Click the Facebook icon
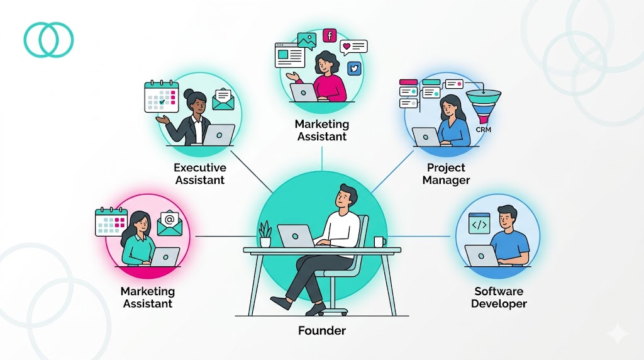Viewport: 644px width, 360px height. pyautogui.click(x=330, y=35)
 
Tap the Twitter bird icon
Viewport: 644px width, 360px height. pyautogui.click(x=354, y=68)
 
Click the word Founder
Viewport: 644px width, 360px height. pyautogui.click(x=322, y=330)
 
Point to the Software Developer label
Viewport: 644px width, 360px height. pyautogui.click(x=499, y=298)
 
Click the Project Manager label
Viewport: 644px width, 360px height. pyautogui.click(x=446, y=174)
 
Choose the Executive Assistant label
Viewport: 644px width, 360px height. pyautogui.click(x=200, y=174)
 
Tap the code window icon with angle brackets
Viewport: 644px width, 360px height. pyautogui.click(x=479, y=223)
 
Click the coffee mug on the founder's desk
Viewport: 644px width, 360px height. pyautogui.click(x=379, y=242)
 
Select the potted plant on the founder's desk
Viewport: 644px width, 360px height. pyautogui.click(x=265, y=234)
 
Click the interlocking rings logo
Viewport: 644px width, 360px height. pyautogui.click(x=48, y=40)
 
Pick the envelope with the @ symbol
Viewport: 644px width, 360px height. pyautogui.click(x=170, y=223)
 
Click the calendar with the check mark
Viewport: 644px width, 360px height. pyautogui.click(x=162, y=96)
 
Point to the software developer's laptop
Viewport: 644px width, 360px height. pyautogui.click(x=482, y=256)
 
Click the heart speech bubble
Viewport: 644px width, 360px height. pyautogui.click(x=353, y=47)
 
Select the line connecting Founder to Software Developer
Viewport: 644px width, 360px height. pyautogui.click(x=419, y=236)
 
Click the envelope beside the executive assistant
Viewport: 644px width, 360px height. pyautogui.click(x=223, y=99)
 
